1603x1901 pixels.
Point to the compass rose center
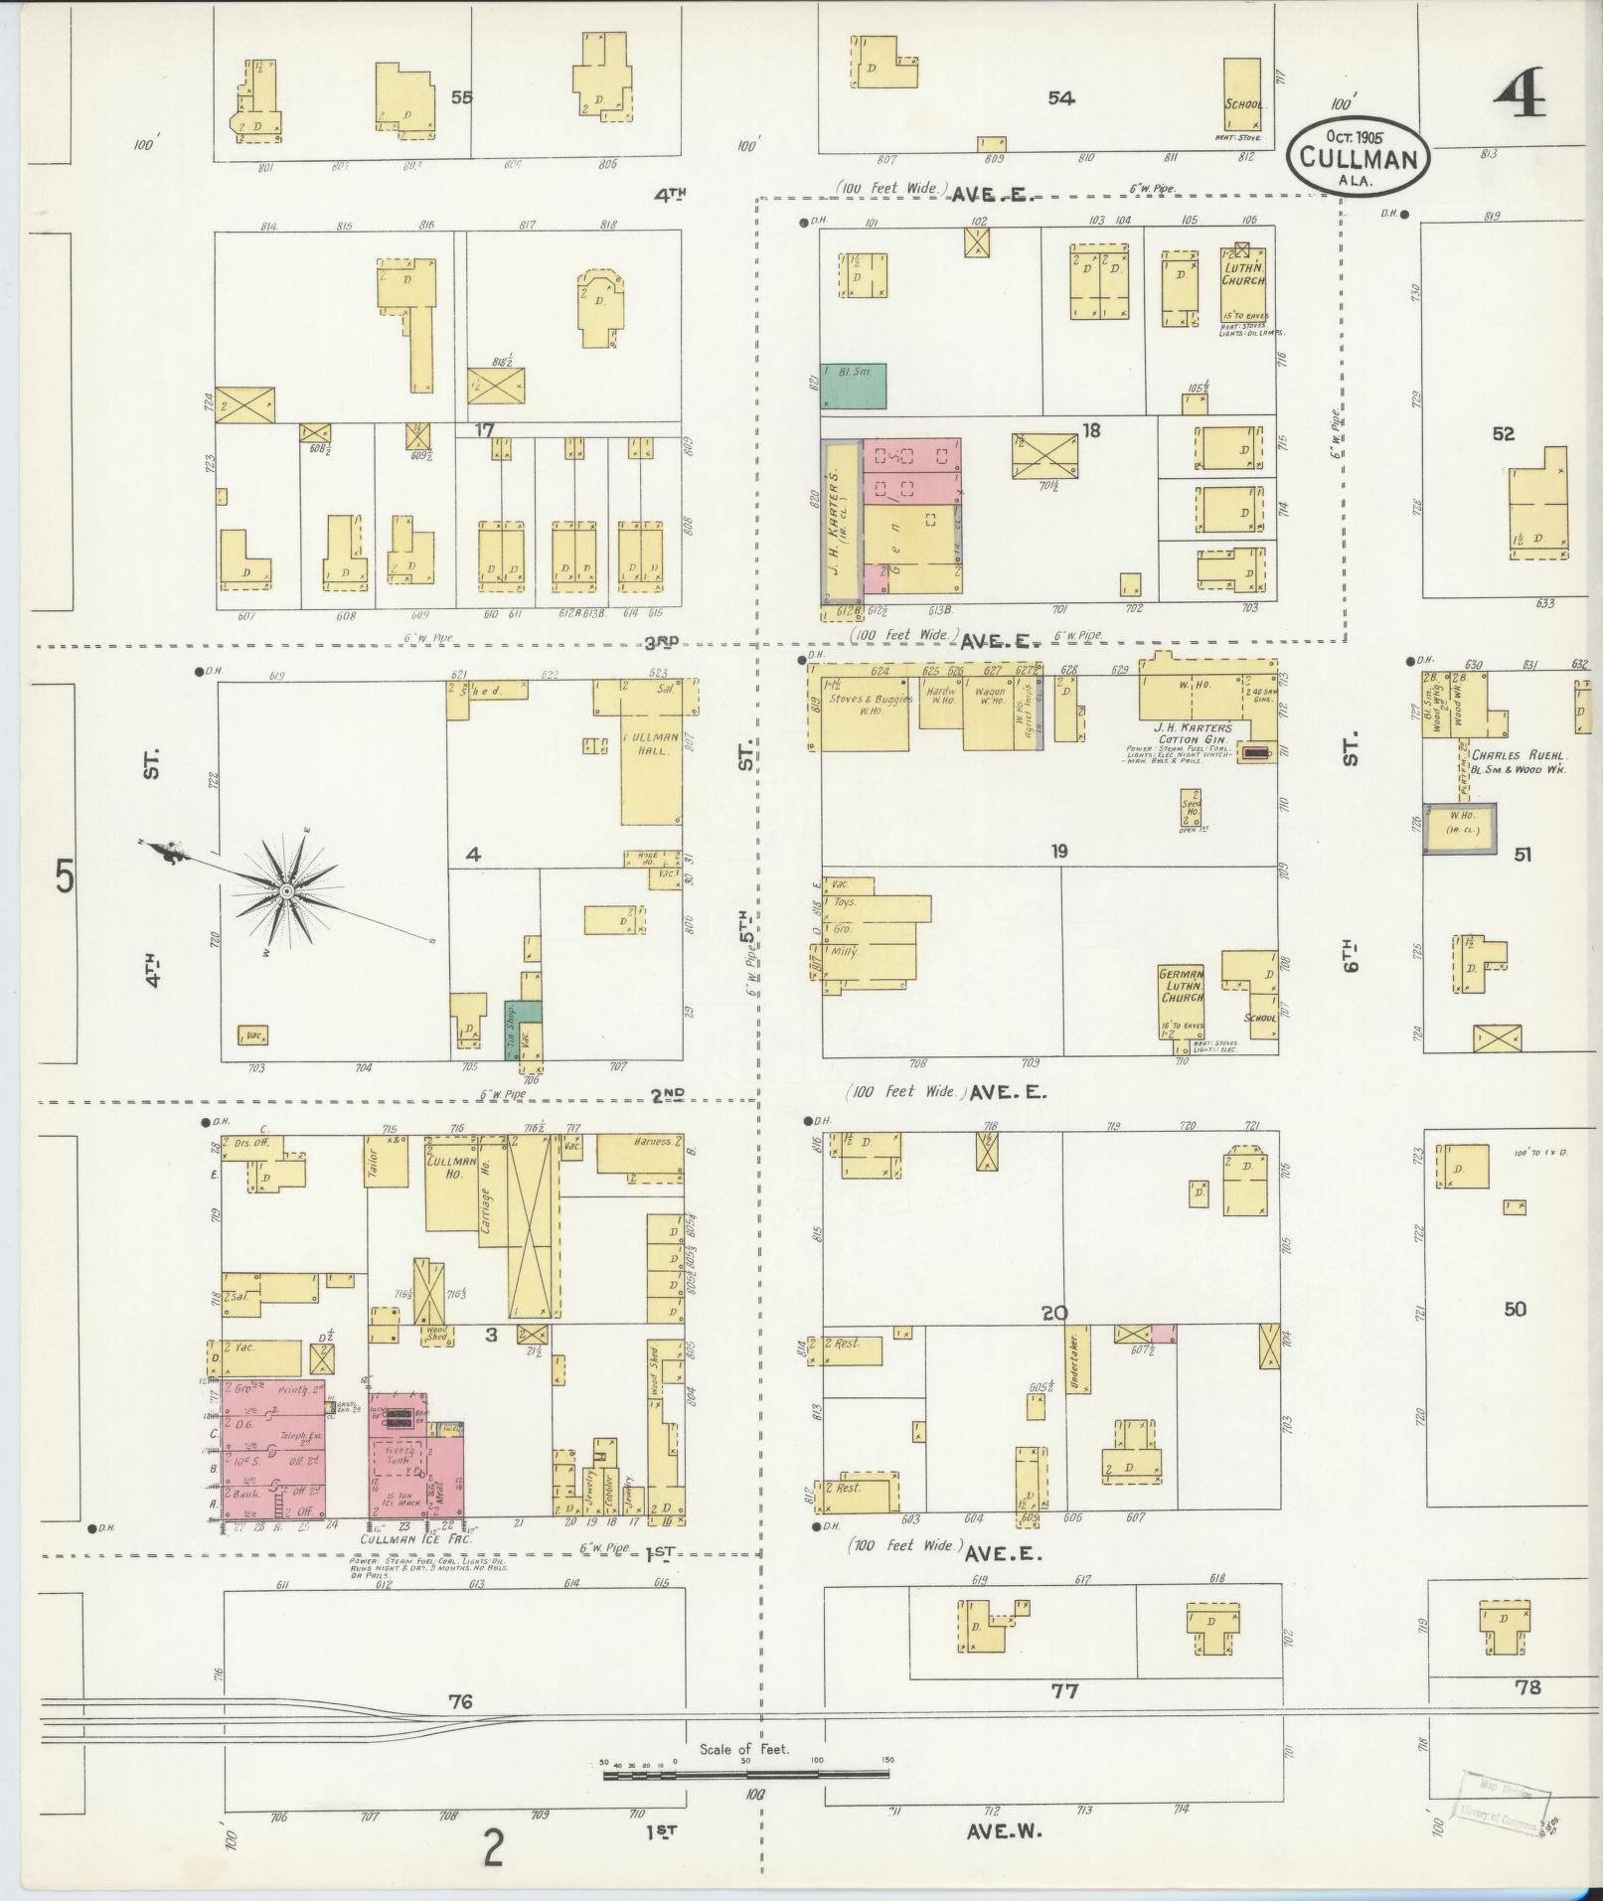[x=286, y=892]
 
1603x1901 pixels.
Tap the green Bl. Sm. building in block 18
[x=853, y=386]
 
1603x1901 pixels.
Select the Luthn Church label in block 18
[x=1244, y=274]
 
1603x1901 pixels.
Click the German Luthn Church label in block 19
[x=1182, y=984]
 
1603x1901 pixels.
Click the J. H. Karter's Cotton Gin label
[x=1192, y=733]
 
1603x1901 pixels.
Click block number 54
[x=1061, y=97]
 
